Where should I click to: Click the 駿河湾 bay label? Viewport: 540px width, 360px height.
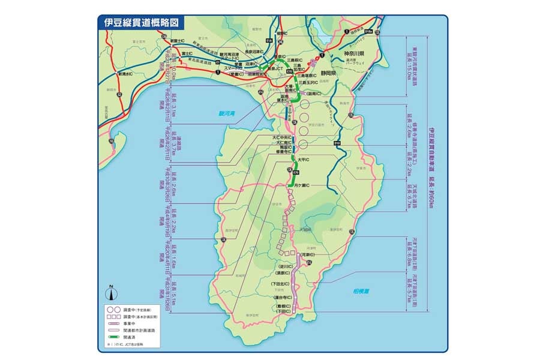(227, 113)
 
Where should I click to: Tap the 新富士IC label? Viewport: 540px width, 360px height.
(178, 41)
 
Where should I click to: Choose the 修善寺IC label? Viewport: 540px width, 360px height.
(282, 152)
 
